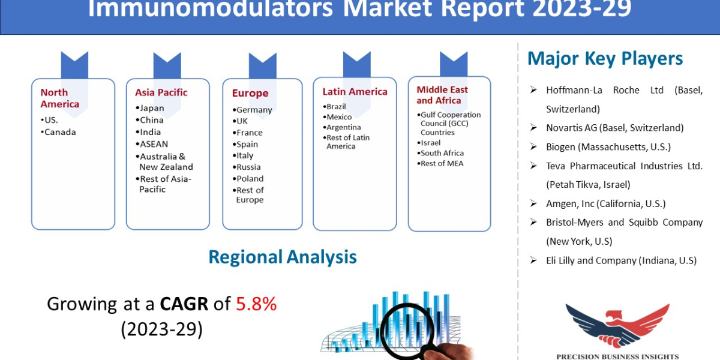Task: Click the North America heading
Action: tap(59, 98)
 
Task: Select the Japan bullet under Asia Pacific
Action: tap(151, 108)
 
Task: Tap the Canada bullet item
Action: tap(60, 132)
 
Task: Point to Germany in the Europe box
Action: tap(253, 110)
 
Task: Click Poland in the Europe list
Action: tap(250, 178)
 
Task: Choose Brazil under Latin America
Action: tap(336, 107)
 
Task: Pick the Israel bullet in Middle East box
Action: tap(430, 143)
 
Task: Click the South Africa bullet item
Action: tap(442, 153)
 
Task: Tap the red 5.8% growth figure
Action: tap(256, 304)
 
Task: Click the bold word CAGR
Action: tap(184, 304)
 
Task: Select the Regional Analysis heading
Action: tap(282, 257)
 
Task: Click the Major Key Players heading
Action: tap(605, 58)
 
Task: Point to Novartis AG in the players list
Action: tap(614, 128)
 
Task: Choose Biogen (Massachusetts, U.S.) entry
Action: tap(608, 147)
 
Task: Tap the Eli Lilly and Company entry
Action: tap(620, 260)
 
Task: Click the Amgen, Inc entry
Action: tap(605, 203)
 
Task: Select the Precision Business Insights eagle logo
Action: tap(617, 325)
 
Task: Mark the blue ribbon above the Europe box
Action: tap(262, 65)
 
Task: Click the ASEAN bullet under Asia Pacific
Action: tap(154, 144)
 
